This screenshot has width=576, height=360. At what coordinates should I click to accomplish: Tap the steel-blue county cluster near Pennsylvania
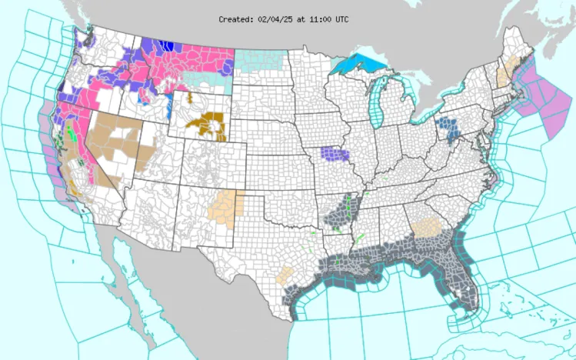[x=446, y=128]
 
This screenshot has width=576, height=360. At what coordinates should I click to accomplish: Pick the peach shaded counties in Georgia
[x=425, y=228]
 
